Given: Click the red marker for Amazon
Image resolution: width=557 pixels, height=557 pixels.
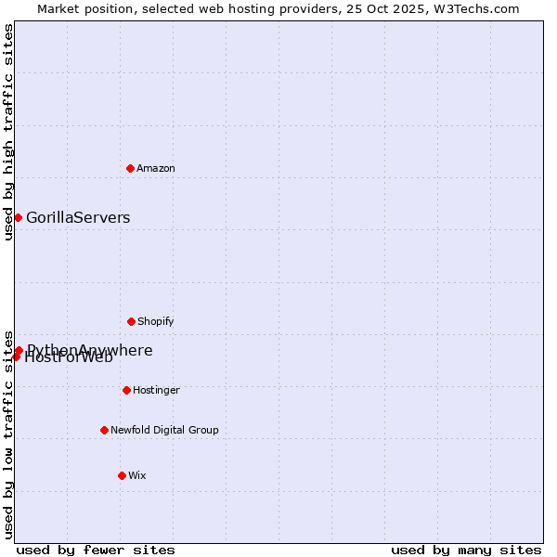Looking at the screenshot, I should click(x=131, y=168).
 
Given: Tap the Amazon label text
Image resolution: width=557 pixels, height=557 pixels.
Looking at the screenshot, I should click(x=156, y=168).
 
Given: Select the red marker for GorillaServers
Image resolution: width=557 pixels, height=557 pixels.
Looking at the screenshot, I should click(x=18, y=217).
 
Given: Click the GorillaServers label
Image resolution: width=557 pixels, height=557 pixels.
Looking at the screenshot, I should click(x=78, y=218).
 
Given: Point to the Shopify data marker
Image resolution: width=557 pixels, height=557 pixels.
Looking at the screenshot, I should click(x=131, y=321).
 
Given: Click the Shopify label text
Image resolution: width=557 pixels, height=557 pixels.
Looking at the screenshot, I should click(x=156, y=321).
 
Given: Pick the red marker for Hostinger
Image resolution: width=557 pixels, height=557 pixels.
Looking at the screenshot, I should click(x=126, y=390).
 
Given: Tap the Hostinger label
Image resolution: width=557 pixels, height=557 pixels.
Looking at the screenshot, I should click(x=156, y=390).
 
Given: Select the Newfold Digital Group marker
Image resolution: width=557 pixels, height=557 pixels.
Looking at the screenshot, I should click(x=104, y=430).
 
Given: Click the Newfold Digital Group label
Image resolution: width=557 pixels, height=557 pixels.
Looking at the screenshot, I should click(x=164, y=430).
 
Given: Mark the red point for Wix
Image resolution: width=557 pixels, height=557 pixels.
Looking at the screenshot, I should click(x=122, y=475).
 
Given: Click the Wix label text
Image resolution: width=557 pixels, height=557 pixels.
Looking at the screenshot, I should click(x=137, y=475).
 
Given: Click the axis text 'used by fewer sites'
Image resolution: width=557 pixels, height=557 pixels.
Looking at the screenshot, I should click(x=96, y=550).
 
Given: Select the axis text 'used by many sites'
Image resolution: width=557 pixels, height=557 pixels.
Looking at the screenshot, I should click(x=466, y=550).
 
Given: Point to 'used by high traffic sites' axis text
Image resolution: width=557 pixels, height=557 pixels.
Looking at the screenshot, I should click(x=8, y=132).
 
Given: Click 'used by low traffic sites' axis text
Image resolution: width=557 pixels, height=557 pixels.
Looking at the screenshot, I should click(x=8, y=434).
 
